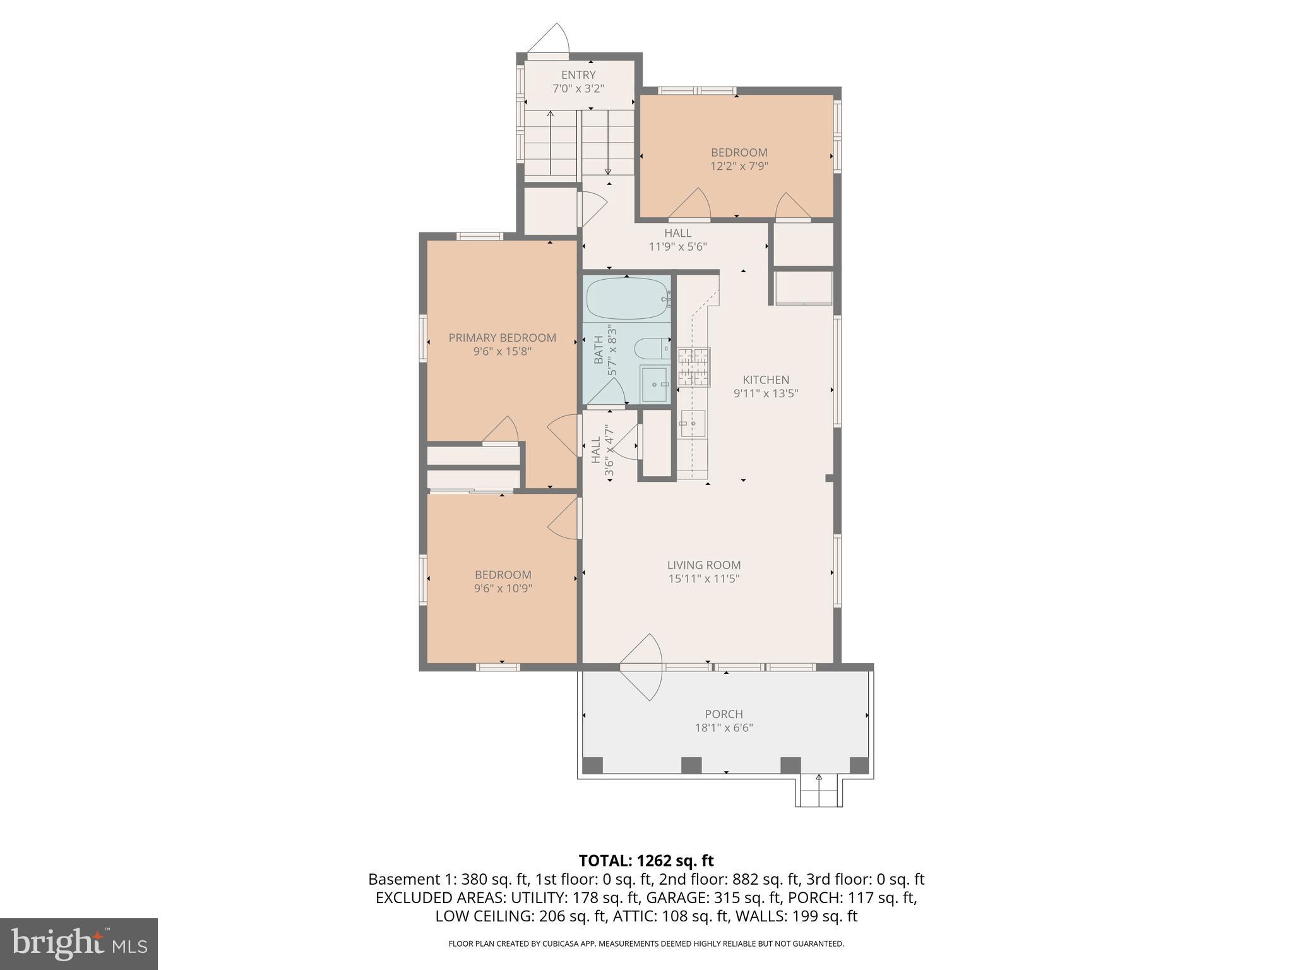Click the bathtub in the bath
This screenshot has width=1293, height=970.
click(627, 299)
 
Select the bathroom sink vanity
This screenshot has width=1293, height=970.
click(654, 384)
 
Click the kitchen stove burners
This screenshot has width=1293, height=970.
click(694, 367)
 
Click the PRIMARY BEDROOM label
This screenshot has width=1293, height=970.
click(502, 338)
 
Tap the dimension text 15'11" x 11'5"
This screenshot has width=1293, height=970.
click(703, 578)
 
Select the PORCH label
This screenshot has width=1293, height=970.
click(724, 714)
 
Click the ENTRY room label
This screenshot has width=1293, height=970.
click(578, 75)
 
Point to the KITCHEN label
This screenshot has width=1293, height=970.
click(765, 380)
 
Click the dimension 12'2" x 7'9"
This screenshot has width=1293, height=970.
click(739, 166)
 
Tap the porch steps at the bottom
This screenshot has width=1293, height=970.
click(818, 792)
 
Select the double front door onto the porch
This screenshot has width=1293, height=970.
click(641, 667)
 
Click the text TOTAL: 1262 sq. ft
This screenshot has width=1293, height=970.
click(646, 861)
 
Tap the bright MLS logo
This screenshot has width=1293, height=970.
click(78, 943)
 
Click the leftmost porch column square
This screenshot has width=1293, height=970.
click(592, 765)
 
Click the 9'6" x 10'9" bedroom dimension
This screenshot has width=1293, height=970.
click(503, 589)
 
